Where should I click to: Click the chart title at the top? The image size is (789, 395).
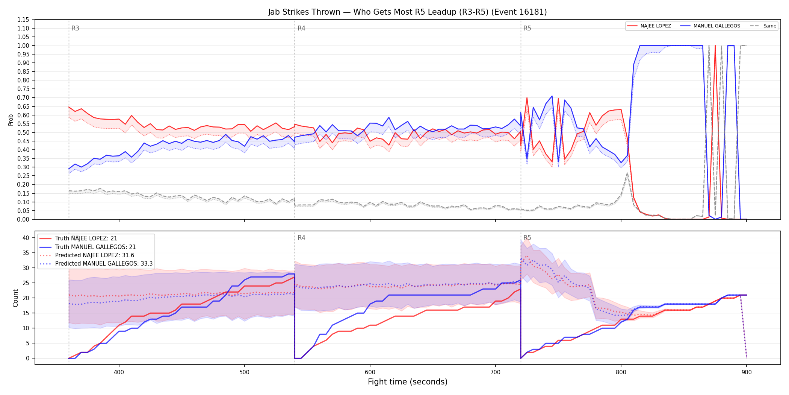[x=407, y=12]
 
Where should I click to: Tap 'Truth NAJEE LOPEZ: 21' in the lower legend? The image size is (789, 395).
[x=86, y=239]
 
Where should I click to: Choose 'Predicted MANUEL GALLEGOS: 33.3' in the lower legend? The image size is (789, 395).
[x=104, y=264]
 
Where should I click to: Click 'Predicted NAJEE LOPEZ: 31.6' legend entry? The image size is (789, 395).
[x=95, y=255]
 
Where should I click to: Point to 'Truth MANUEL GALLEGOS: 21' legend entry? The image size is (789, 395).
[x=95, y=247]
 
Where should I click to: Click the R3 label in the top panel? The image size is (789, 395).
[x=75, y=28]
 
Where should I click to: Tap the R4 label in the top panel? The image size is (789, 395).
[x=301, y=28]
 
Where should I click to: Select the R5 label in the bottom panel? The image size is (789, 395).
[x=527, y=238]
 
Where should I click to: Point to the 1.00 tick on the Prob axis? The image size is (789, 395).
[x=23, y=46]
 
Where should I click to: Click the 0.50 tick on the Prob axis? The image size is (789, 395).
[x=23, y=132]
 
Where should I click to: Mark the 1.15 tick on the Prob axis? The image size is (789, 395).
[x=23, y=20]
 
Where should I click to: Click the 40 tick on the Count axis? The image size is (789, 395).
[x=26, y=238]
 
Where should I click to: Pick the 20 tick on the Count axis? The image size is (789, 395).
[x=26, y=298]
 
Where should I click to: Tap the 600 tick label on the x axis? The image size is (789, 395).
[x=370, y=372]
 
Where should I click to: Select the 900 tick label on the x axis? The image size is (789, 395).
[x=747, y=372]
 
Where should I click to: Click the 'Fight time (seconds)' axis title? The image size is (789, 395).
[x=408, y=382]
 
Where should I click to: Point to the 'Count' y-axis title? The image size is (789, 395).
[x=15, y=298]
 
